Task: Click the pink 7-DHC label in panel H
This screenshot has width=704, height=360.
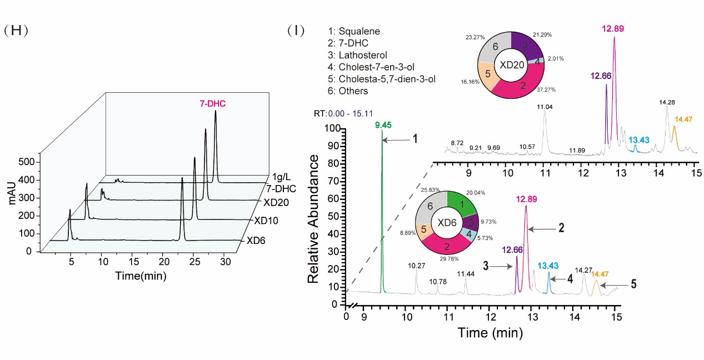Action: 213,103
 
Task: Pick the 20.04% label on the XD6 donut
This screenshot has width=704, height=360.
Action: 475,193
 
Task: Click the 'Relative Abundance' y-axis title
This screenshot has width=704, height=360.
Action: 314,219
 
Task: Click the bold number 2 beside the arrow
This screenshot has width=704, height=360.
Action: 561,228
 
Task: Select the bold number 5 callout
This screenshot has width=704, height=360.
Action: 633,284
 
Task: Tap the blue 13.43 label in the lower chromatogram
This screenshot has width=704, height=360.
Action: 548,267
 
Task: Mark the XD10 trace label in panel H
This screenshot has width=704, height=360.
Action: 266,221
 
